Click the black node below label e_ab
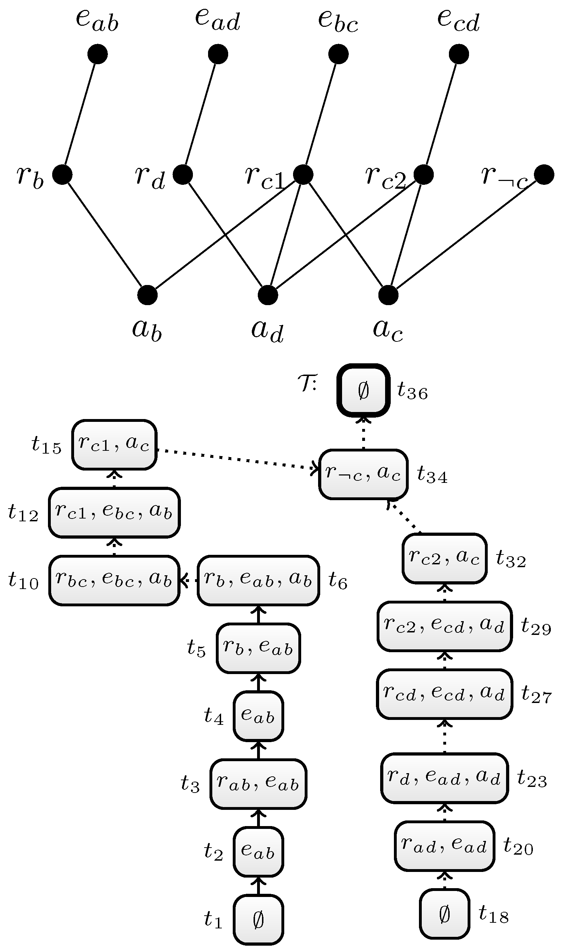pyautogui.click(x=98, y=54)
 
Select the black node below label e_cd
pyautogui.click(x=459, y=54)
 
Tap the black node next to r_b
pyautogui.click(x=62, y=175)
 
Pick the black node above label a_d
pyautogui.click(x=268, y=295)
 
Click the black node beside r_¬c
pyautogui.click(x=544, y=175)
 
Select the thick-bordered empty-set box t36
pyautogui.click(x=364, y=390)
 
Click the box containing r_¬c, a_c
pyautogui.click(x=363, y=474)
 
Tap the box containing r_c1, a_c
pyautogui.click(x=114, y=444)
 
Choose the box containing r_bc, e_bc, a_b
pyautogui.click(x=114, y=580)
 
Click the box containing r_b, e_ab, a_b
pyautogui.click(x=258, y=580)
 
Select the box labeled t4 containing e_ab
pyautogui.click(x=258, y=716)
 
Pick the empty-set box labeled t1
pyautogui.click(x=258, y=920)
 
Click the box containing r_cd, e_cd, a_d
pyautogui.click(x=444, y=694)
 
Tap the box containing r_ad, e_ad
pyautogui.click(x=444, y=846)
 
